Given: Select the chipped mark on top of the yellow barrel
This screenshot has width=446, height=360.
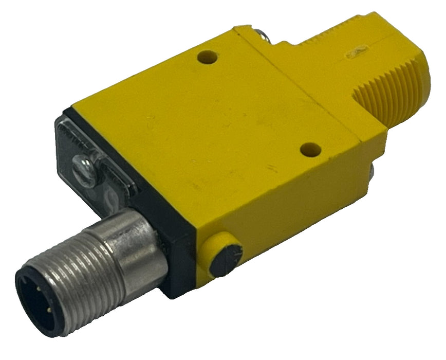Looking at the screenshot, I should pyautogui.click(x=355, y=52).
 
